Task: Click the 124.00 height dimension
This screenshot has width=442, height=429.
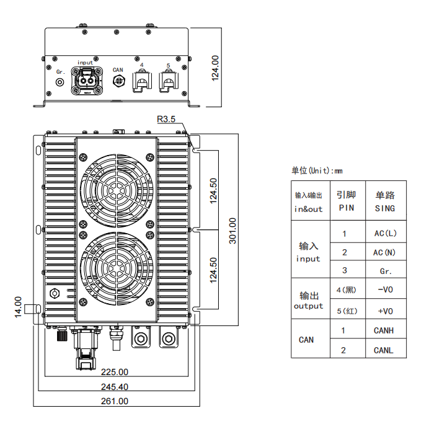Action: tap(215, 68)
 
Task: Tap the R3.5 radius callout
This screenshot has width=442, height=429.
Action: tap(166, 119)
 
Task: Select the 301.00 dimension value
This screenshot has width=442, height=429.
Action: tap(232, 231)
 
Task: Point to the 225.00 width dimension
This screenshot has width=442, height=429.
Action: tap(115, 372)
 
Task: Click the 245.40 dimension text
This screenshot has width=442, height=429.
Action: tap(115, 387)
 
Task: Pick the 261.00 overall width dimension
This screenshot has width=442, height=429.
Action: tap(115, 401)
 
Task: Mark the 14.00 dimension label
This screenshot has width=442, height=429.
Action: tap(18, 307)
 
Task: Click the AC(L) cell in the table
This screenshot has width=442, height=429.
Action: tap(386, 233)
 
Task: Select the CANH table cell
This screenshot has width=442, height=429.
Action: tap(383, 330)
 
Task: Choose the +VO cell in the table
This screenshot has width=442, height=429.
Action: tap(386, 311)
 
